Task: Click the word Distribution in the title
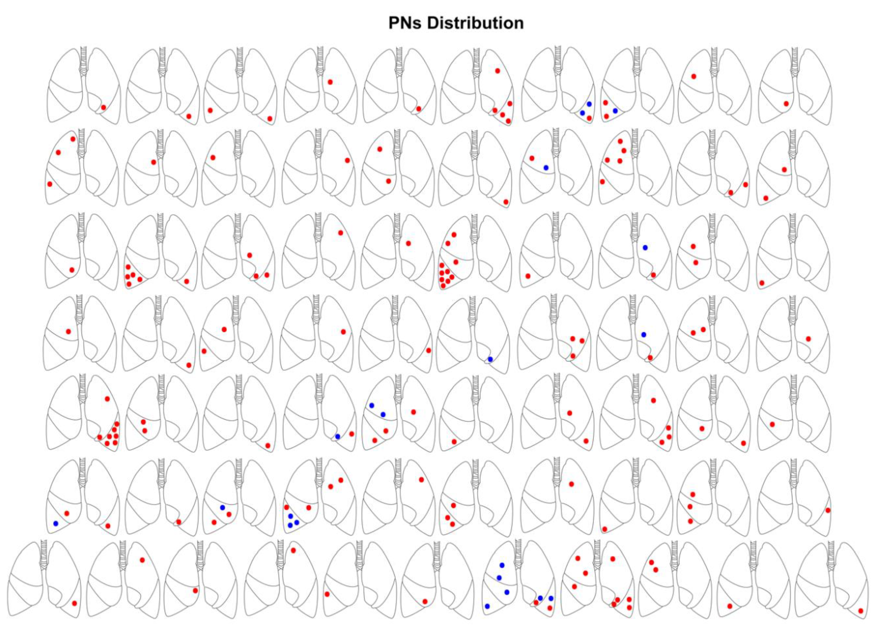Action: click(475, 23)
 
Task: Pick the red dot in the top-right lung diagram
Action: click(786, 103)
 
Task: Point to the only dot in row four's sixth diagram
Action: click(490, 359)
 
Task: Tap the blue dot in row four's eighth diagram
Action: click(643, 334)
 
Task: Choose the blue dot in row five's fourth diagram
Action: click(337, 436)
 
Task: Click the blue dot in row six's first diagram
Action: click(56, 524)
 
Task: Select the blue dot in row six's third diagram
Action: click(222, 507)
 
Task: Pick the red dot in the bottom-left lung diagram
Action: click(74, 603)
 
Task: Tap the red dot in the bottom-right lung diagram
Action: click(861, 611)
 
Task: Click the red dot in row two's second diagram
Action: click(154, 162)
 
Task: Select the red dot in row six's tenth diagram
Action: click(828, 510)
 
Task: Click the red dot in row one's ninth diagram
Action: click(693, 76)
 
